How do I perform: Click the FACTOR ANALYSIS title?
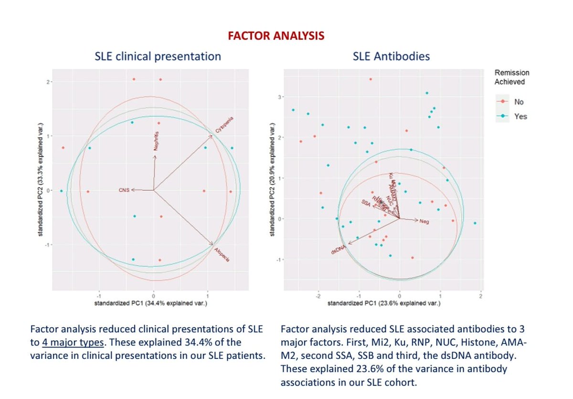tap(276, 36)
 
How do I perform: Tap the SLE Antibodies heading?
tap(391, 56)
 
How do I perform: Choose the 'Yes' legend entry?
tap(520, 116)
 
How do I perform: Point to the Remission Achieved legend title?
tap(511, 77)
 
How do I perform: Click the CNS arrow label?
tap(124, 190)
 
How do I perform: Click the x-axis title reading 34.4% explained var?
tap(150, 303)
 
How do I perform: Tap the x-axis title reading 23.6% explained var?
tap(383, 303)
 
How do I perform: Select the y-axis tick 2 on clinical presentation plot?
tap(48, 82)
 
